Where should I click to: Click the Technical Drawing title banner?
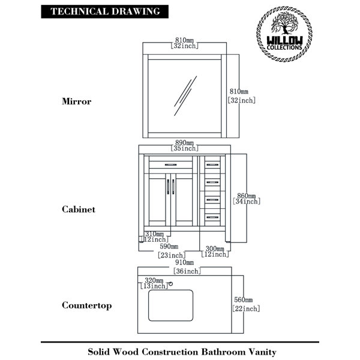104,11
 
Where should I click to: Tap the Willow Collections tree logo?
284,34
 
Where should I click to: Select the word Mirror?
76,101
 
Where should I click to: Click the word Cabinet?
79,209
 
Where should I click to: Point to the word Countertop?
87,305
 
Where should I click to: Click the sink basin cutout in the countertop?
170,305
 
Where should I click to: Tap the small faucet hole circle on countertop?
170,284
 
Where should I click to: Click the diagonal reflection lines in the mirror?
185,96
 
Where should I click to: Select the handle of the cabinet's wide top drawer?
170,164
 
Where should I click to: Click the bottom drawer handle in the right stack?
212,217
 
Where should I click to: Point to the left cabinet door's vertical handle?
168,187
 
